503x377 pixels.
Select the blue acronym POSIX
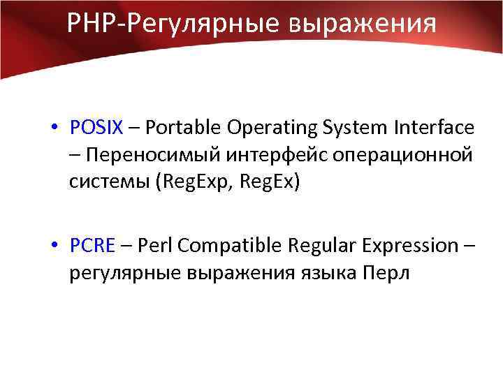tap(96, 128)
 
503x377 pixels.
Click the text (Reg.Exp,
tap(196, 182)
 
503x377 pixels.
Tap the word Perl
tap(154, 246)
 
